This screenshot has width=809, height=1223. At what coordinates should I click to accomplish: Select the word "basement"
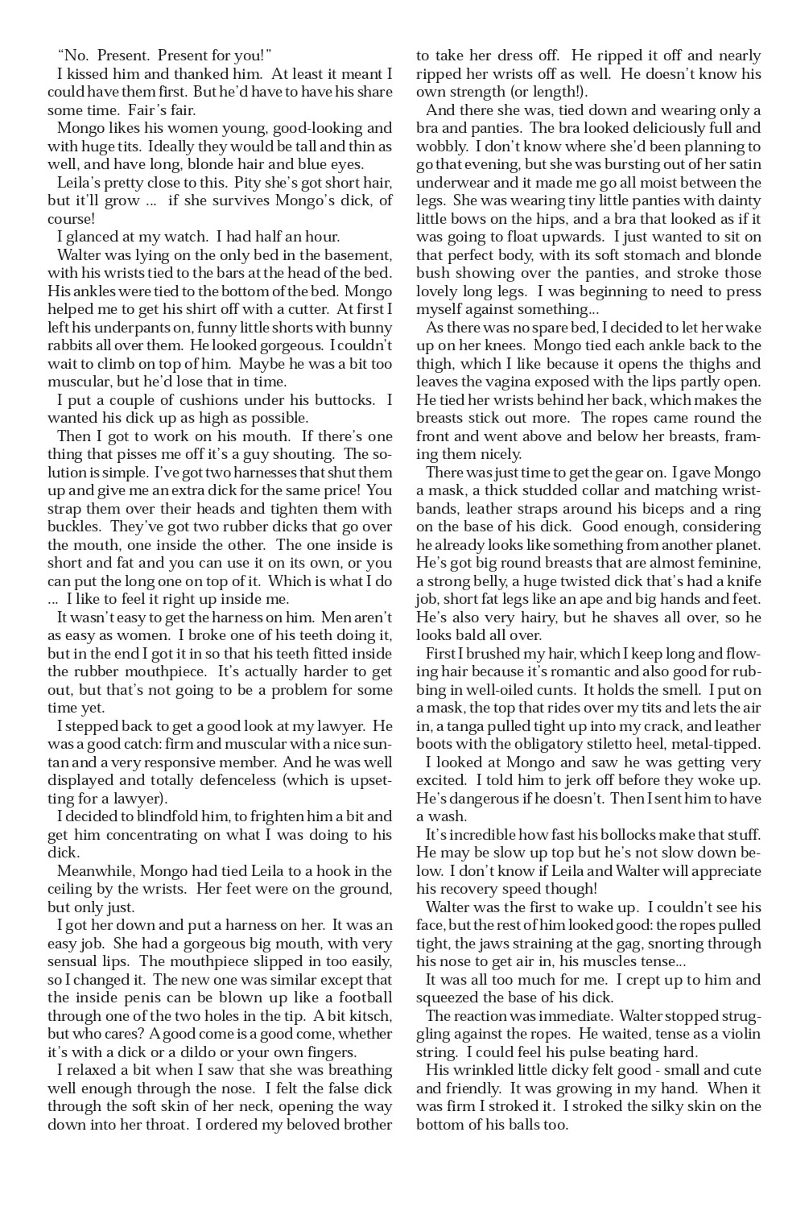(357, 255)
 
